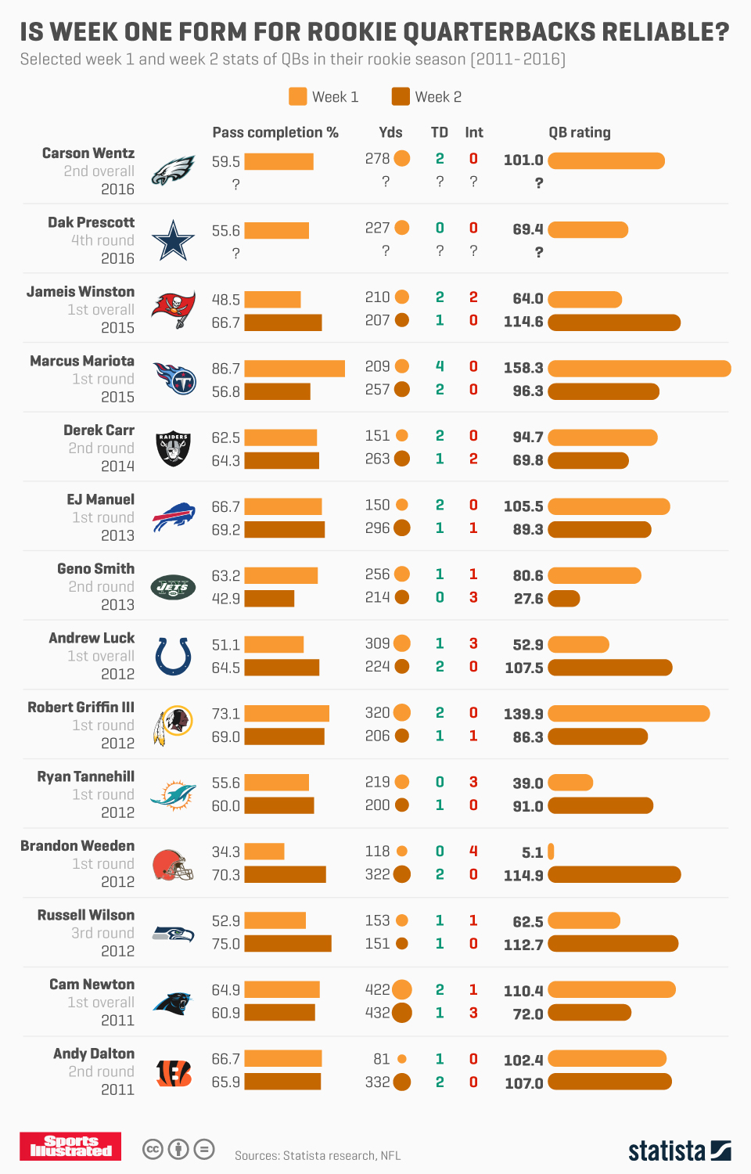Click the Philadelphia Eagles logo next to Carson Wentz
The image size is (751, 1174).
[173, 171]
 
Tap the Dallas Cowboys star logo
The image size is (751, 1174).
[173, 240]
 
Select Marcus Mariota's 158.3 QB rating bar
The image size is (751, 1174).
[639, 368]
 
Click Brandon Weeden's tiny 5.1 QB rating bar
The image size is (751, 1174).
[551, 852]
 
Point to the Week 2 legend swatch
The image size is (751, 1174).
[401, 96]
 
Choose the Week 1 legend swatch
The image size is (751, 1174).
[297, 96]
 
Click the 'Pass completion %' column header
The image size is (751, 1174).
[275, 132]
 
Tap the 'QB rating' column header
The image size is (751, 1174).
[580, 132]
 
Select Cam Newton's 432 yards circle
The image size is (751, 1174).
[402, 1013]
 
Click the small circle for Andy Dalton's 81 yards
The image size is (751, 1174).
[402, 1059]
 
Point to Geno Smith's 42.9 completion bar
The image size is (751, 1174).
[269, 599]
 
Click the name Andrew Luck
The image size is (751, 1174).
[92, 638]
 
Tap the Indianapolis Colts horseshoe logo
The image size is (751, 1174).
[173, 656]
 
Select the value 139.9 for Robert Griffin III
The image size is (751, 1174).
[523, 714]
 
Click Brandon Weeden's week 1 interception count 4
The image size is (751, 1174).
[473, 851]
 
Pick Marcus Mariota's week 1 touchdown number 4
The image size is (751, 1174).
[440, 366]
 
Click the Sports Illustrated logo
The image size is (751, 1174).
[70, 1147]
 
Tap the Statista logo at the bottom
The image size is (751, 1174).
[679, 1151]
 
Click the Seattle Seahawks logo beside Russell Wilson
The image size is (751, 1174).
[173, 933]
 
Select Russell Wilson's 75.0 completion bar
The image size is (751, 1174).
[288, 944]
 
